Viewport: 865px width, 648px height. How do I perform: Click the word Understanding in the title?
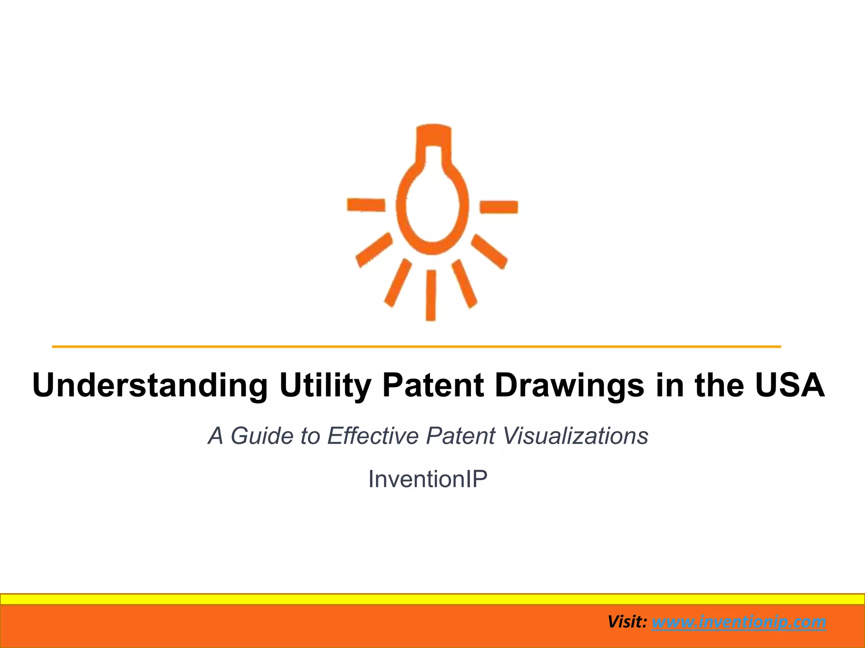(x=150, y=385)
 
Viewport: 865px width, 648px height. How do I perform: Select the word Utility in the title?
(x=325, y=385)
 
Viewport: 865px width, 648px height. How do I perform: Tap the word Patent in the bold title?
(x=433, y=385)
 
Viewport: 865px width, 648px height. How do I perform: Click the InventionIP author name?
(x=428, y=479)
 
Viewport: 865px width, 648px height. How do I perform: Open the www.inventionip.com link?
(x=739, y=622)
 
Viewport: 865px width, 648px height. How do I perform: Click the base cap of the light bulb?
(x=433, y=135)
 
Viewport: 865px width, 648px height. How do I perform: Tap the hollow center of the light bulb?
(x=432, y=207)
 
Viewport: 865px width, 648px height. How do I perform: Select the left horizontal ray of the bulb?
(x=366, y=205)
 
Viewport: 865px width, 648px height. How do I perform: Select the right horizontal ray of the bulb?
(x=499, y=207)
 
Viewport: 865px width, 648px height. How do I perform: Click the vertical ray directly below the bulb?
(x=431, y=295)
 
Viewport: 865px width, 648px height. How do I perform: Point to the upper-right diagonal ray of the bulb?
(x=489, y=251)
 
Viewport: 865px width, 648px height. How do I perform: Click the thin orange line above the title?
(x=416, y=347)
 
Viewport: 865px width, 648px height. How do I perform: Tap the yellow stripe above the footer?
(x=432, y=599)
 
